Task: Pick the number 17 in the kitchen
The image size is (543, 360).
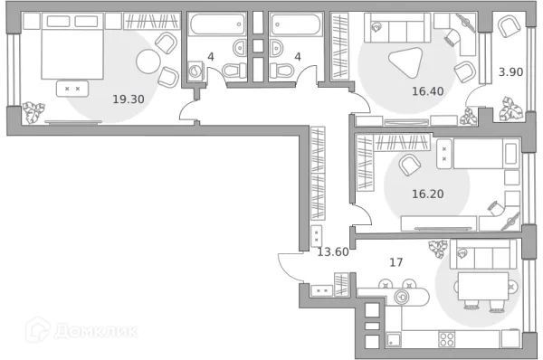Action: (395, 262)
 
